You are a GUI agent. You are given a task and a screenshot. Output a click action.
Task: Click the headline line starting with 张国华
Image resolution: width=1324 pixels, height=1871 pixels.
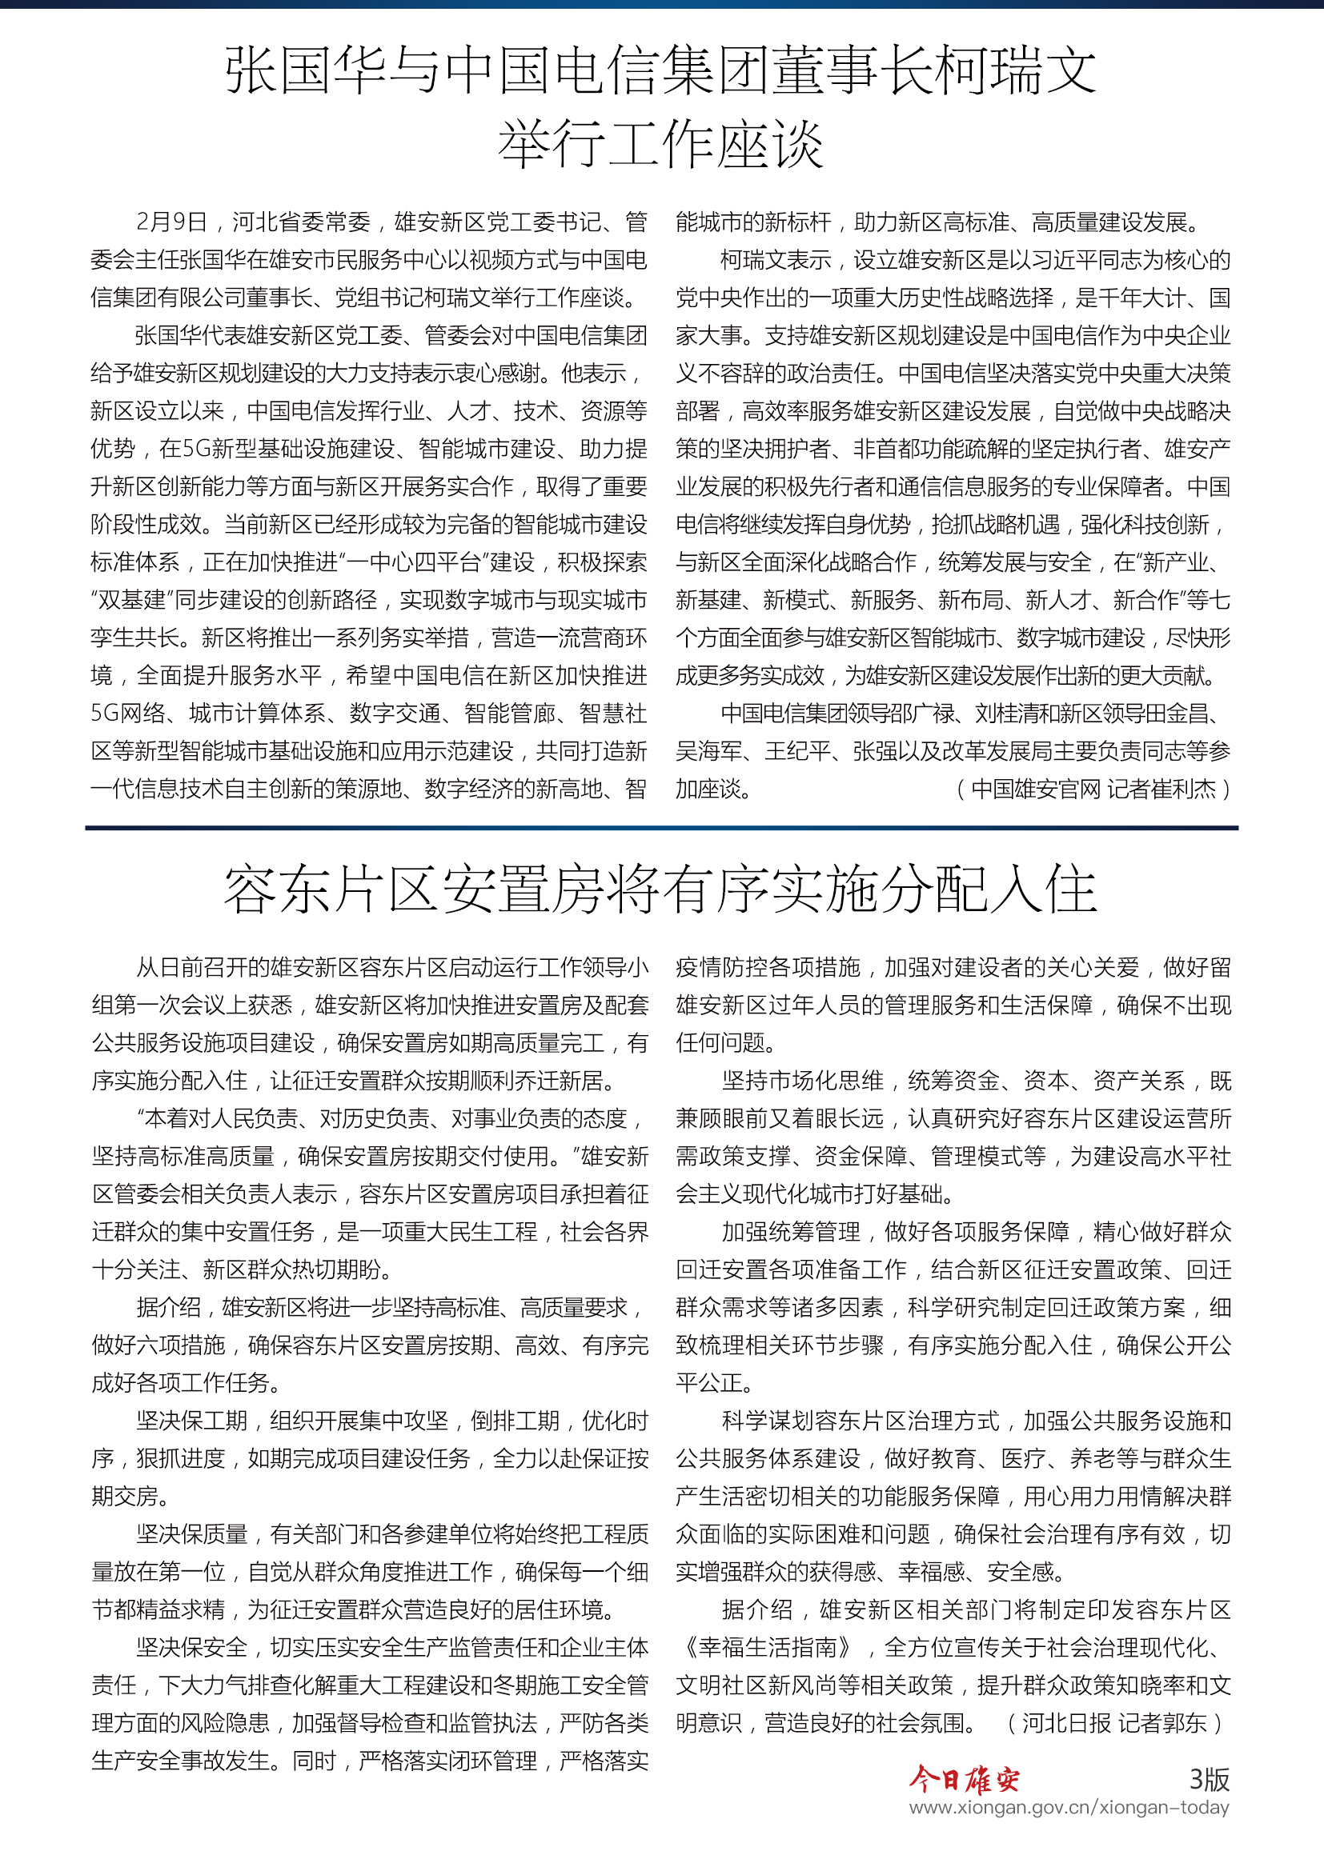[660, 70]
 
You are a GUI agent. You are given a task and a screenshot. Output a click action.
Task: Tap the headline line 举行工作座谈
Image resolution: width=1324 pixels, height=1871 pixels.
[660, 144]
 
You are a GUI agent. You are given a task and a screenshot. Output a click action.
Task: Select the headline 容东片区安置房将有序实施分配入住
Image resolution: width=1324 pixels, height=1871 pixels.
[660, 889]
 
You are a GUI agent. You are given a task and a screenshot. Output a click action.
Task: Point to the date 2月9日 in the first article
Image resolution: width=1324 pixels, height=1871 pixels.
[171, 222]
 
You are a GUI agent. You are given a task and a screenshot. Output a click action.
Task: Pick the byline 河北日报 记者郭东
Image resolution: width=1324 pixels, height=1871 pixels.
[1114, 1723]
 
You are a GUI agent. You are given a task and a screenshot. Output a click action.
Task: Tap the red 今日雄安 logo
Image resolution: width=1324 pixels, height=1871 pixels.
[964, 1779]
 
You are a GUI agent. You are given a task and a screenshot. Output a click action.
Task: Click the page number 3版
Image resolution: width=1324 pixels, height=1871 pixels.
[1208, 1779]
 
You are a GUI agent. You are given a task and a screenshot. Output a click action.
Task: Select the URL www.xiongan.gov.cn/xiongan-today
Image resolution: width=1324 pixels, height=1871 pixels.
[1069, 1808]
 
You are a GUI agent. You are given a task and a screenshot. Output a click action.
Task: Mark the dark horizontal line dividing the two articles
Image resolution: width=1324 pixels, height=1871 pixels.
[660, 828]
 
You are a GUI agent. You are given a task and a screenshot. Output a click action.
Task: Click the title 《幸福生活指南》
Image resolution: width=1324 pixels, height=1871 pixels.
[768, 1648]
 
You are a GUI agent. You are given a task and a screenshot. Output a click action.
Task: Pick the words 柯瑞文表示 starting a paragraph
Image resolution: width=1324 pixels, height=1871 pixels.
[776, 260]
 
